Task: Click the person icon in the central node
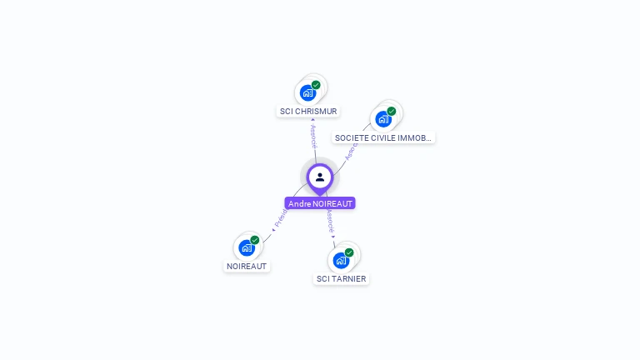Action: coord(320,177)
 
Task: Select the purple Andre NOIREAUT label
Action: coord(320,203)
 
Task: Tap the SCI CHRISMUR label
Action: coord(308,111)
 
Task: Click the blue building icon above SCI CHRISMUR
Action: coord(307,92)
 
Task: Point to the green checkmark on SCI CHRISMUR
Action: coord(317,85)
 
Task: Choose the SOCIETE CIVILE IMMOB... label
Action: coord(383,137)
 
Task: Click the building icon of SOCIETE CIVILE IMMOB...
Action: coord(382,119)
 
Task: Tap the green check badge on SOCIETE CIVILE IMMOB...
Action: coord(392,111)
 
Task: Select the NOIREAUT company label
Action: coord(247,266)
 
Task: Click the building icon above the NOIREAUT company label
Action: coord(246,247)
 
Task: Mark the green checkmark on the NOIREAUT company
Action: coord(255,240)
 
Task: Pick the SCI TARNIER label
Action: coord(342,278)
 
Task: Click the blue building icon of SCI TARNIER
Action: coord(340,260)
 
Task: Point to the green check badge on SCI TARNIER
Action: coord(349,252)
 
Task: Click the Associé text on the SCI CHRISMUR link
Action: coord(313,136)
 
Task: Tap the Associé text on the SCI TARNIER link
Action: coord(330,220)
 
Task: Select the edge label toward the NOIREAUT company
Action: coord(280,219)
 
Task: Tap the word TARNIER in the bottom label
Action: coord(348,278)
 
